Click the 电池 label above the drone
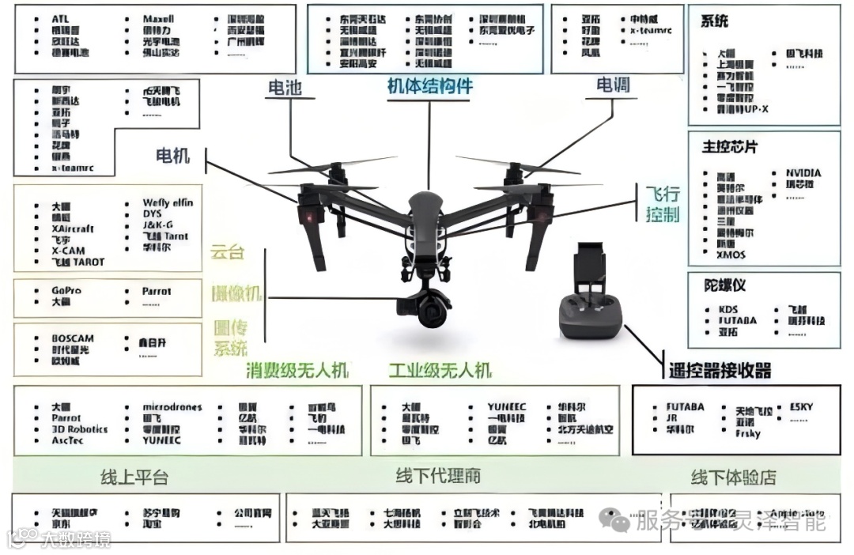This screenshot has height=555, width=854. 286,88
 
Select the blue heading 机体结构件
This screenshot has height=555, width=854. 429,86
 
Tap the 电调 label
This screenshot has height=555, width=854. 613,85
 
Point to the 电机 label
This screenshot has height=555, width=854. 173,155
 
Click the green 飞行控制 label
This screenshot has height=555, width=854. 663,204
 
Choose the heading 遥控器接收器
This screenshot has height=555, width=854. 720,370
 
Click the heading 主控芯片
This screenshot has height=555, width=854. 730,147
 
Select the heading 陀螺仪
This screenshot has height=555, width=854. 725,285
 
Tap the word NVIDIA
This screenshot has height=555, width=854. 803,172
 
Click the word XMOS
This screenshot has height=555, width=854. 732,255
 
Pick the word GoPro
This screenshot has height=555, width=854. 66,291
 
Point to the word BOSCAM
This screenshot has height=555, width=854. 73,338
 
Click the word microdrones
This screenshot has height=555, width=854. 172,407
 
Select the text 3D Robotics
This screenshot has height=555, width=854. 80,429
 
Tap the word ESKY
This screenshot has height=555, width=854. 801,407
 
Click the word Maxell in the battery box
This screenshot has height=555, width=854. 159,18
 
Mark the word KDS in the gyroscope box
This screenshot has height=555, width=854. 728,309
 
